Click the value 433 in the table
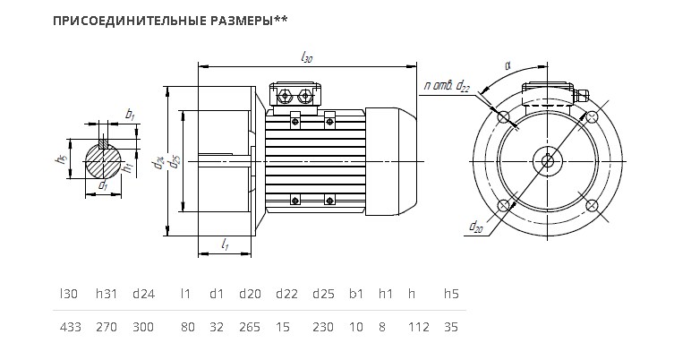click(x=70, y=327)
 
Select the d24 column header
click(x=143, y=295)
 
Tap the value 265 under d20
click(x=250, y=327)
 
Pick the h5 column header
click(x=451, y=295)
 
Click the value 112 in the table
click(x=419, y=327)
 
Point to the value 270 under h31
click(x=107, y=327)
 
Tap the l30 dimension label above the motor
click(x=306, y=57)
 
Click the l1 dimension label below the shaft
click(x=225, y=244)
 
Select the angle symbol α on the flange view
click(x=508, y=65)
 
